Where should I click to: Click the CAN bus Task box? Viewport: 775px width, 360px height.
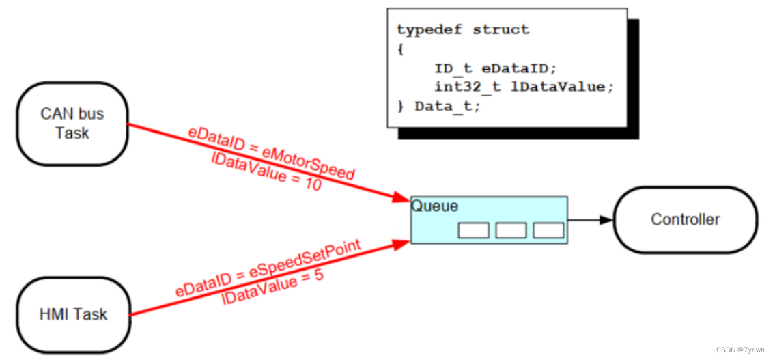[72, 124]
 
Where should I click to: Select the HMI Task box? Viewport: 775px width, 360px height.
[72, 314]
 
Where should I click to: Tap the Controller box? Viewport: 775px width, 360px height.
[685, 219]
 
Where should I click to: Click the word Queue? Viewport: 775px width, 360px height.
[435, 206]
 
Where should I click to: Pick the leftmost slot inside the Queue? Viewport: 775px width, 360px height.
[473, 231]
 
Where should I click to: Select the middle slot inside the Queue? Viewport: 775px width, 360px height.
[511, 231]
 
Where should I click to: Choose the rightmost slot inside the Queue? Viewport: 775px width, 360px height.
[548, 231]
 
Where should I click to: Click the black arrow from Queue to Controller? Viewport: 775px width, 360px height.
[591, 220]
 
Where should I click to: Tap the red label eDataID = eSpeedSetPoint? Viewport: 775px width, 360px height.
[268, 267]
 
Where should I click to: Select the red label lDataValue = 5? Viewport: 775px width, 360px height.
[272, 288]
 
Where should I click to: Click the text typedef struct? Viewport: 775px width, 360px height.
[463, 30]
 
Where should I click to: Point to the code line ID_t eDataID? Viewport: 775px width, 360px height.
[496, 68]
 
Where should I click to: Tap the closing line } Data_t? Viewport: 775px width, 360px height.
[438, 107]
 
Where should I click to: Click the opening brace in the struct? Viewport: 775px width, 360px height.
[400, 49]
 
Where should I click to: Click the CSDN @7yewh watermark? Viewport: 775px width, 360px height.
[742, 350]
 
